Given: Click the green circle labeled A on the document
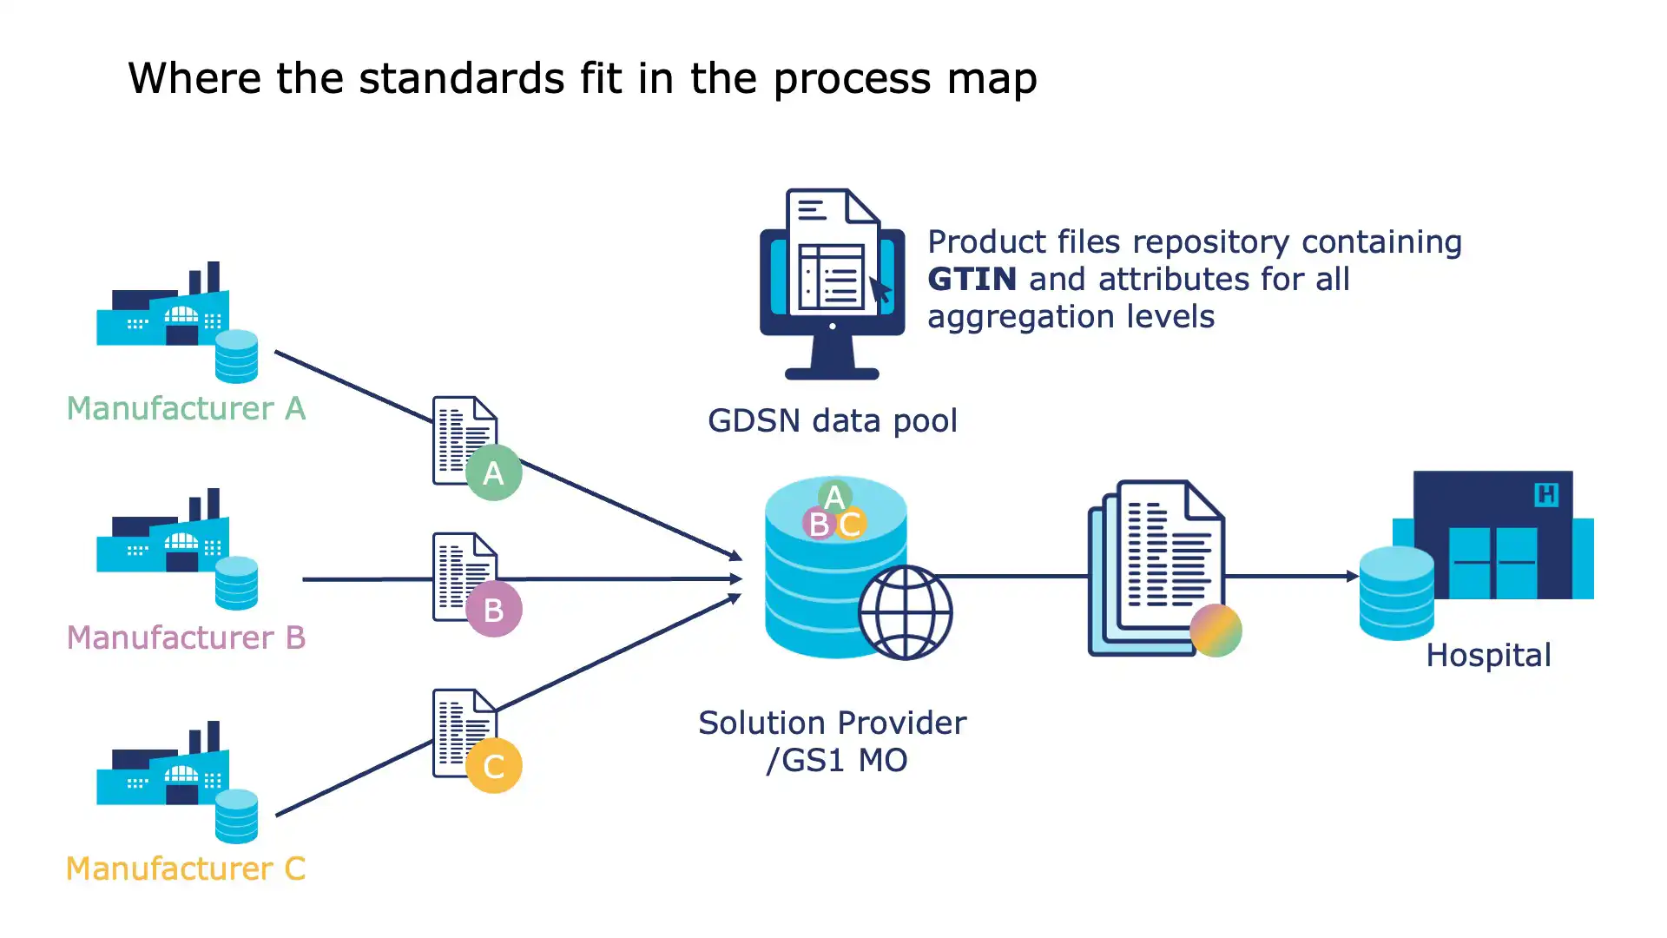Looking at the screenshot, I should click(x=493, y=472).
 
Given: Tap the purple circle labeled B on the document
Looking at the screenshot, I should click(x=493, y=610).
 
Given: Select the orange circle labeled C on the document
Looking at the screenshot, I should click(x=493, y=766).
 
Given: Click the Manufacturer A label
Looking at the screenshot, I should click(x=186, y=408).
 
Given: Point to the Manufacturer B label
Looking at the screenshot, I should click(x=186, y=637).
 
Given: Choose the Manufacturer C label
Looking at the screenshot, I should click(x=186, y=869).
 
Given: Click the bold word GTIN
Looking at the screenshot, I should click(x=972, y=280).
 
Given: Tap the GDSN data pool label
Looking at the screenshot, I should click(x=832, y=421).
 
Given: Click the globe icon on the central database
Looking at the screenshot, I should click(x=905, y=612).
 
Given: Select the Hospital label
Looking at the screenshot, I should click(x=1488, y=656).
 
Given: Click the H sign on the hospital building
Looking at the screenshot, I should click(x=1546, y=495).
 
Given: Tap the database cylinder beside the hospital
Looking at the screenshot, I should click(x=1396, y=594).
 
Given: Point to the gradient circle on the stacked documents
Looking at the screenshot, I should click(x=1216, y=631).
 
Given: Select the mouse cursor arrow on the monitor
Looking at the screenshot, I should click(x=880, y=290).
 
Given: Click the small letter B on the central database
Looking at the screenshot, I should click(x=818, y=525).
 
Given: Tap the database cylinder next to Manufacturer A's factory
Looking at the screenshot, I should click(x=236, y=356).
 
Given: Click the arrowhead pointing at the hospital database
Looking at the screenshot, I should click(x=1352, y=576).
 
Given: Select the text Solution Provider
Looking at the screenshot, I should click(x=832, y=723).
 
